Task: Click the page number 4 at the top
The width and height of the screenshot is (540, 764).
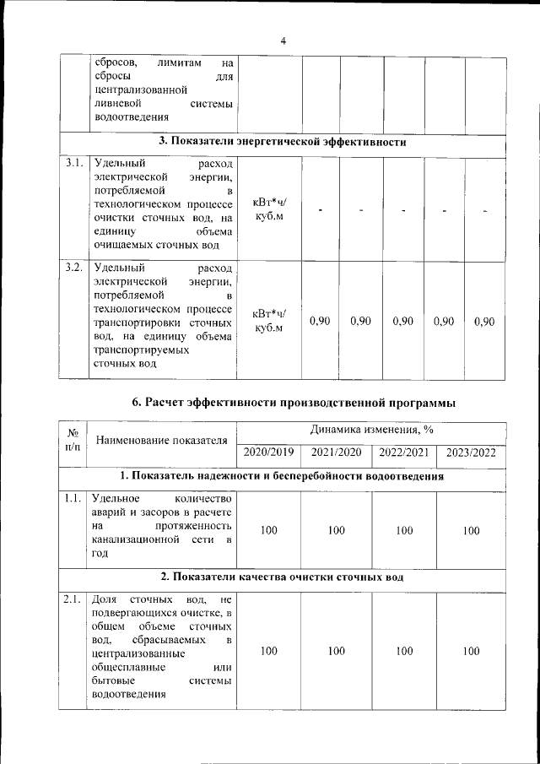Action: (283, 41)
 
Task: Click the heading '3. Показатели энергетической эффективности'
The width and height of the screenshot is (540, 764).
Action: (283, 142)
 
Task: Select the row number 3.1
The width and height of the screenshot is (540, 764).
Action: (73, 163)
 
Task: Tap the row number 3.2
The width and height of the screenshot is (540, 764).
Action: (73, 268)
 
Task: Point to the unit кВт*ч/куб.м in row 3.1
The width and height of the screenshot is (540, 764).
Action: (270, 209)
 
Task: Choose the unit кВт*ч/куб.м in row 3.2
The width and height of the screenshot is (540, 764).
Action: (270, 321)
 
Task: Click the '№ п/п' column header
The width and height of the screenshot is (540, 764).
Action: (72, 439)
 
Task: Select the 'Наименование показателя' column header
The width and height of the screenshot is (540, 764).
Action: (162, 440)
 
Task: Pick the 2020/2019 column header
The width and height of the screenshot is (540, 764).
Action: (268, 452)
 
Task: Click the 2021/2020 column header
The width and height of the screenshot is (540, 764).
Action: (336, 452)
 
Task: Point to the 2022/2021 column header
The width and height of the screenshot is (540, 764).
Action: (404, 452)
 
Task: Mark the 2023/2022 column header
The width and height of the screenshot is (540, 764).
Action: (471, 452)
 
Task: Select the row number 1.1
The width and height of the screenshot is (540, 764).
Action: (73, 498)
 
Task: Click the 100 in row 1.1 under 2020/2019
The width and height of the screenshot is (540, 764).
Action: (268, 531)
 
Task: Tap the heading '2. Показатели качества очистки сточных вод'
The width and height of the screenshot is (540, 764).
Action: (283, 577)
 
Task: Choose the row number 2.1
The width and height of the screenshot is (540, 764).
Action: (73, 599)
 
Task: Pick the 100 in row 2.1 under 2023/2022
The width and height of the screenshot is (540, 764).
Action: (471, 651)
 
